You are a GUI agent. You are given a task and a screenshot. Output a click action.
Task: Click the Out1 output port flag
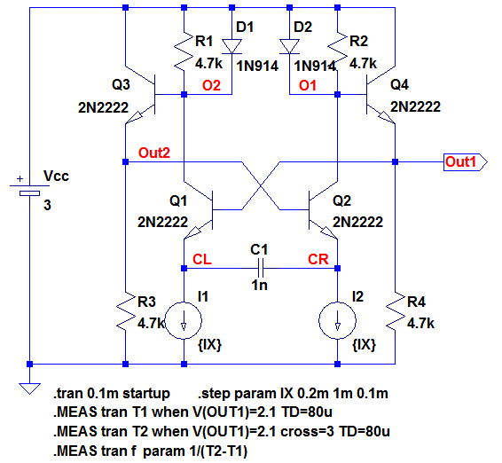click(465, 162)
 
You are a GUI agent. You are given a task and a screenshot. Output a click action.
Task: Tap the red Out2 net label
click(154, 153)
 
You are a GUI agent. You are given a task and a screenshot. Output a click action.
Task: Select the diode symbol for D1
click(231, 46)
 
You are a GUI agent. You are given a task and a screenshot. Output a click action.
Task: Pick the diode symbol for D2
click(289, 46)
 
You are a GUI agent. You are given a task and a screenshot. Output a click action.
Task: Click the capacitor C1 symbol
click(261, 268)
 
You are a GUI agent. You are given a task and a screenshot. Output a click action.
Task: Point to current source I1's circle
click(184, 320)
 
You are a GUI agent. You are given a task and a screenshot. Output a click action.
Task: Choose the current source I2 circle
click(337, 320)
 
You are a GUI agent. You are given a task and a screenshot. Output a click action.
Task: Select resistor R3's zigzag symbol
click(126, 311)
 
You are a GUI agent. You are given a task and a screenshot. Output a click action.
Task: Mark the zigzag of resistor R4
click(395, 311)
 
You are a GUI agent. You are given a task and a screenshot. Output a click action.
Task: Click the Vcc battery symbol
click(29, 189)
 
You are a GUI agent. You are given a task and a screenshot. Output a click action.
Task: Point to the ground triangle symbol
click(29, 388)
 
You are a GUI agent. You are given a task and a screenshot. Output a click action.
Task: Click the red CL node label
click(202, 259)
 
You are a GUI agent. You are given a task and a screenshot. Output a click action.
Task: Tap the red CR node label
click(318, 259)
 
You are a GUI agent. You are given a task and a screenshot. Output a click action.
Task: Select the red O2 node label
click(211, 85)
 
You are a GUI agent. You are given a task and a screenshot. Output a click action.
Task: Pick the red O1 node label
click(308, 85)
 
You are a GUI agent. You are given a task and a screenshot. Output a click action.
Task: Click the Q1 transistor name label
click(178, 201)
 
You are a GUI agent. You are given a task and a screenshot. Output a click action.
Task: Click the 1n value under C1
click(259, 285)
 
